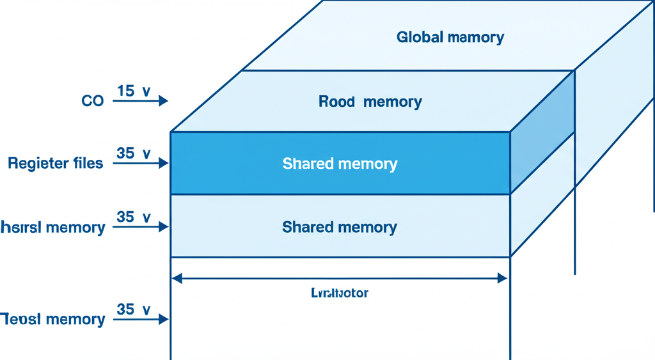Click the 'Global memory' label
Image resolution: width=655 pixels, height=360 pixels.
tap(450, 37)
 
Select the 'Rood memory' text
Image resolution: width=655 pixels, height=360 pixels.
tap(370, 102)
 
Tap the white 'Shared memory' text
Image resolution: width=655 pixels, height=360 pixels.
tap(340, 164)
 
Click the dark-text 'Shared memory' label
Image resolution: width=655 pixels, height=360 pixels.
tap(340, 227)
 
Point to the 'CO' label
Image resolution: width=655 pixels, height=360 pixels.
tap(92, 101)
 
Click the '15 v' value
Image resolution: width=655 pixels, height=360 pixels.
tap(134, 91)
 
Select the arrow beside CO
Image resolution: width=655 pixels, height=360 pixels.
tap(140, 100)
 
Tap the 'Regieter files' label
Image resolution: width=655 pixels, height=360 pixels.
tap(55, 164)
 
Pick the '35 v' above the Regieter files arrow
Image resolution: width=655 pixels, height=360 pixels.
tap(134, 153)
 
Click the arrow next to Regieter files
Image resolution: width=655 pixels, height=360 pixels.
tap(140, 164)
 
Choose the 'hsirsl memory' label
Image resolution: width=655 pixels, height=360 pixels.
tap(52, 228)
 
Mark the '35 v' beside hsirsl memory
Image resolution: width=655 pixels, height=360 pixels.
tap(134, 217)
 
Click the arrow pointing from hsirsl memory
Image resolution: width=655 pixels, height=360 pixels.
tap(140, 227)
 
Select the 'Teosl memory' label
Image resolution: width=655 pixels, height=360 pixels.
tap(52, 319)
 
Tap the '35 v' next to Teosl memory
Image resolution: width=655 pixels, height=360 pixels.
tap(134, 309)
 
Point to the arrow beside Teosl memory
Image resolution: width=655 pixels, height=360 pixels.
tap(140, 318)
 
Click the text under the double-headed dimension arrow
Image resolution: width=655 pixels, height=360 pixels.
tap(340, 293)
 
